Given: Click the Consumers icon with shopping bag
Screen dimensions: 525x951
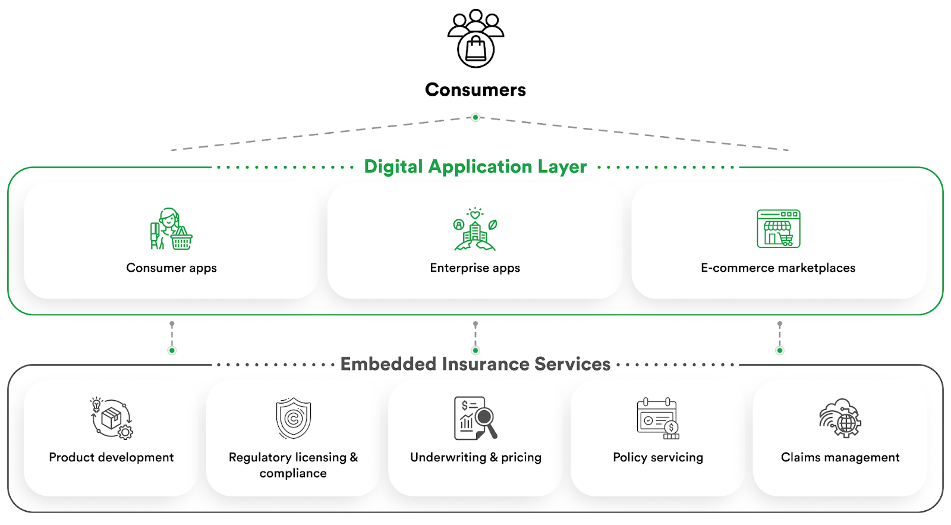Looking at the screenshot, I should (475, 39).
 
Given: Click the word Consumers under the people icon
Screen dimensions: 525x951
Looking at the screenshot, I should (475, 90).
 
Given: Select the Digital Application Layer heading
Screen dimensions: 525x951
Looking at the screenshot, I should (475, 166).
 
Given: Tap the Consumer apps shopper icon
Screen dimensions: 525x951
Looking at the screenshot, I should (171, 229).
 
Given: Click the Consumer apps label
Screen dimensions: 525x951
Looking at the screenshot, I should (171, 268).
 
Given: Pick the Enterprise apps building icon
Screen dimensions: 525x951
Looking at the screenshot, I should (475, 230).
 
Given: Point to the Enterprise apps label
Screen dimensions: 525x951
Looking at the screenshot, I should (475, 268).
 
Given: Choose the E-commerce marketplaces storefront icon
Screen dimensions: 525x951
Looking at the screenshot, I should (778, 229).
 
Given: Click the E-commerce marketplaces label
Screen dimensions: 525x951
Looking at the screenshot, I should (778, 268).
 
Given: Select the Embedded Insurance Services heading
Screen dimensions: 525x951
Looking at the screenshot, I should (475, 364).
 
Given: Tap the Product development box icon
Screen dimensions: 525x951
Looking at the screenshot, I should (112, 419).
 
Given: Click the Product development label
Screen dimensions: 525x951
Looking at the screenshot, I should (111, 457).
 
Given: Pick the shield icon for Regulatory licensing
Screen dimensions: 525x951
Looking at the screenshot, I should (293, 418).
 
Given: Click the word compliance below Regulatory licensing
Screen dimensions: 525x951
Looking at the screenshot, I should (293, 473).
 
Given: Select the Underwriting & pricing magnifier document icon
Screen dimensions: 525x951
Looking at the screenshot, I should (475, 418).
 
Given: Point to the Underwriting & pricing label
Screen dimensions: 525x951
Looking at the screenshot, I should (475, 457).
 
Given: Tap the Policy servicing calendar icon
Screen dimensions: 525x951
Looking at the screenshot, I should (658, 419).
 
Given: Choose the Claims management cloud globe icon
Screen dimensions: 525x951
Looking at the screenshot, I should (840, 418).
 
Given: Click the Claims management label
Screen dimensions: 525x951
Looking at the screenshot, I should (840, 457).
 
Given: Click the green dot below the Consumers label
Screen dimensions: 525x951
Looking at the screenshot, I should (475, 117).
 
